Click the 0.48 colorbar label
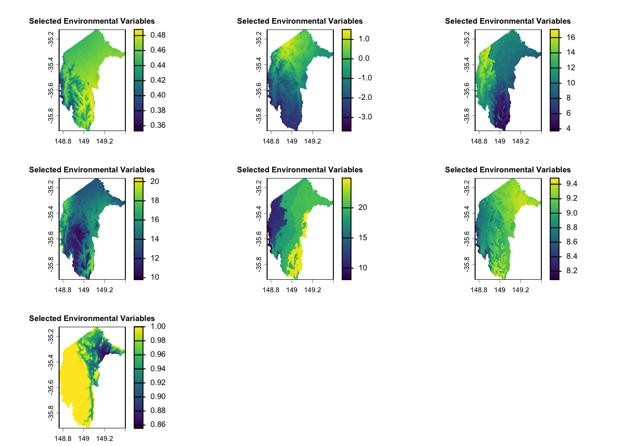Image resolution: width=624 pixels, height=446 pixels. pyautogui.click(x=158, y=35)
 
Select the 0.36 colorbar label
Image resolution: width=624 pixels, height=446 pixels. pyautogui.click(x=158, y=125)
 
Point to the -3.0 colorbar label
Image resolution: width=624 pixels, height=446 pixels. pyautogui.click(x=365, y=117)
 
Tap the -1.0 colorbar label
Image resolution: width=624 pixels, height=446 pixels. pyautogui.click(x=365, y=78)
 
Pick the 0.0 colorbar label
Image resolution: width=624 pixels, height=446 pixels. pyautogui.click(x=364, y=58)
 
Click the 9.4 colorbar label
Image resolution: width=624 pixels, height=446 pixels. pyautogui.click(x=572, y=184)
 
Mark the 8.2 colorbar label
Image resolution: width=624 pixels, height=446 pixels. pyautogui.click(x=572, y=270)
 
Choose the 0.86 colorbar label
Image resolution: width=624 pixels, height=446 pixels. pyautogui.click(x=158, y=424)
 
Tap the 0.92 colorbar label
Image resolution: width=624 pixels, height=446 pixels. pyautogui.click(x=158, y=382)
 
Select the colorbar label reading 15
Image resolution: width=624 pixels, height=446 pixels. pyautogui.click(x=363, y=237)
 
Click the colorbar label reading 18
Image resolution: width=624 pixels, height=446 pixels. pyautogui.click(x=155, y=200)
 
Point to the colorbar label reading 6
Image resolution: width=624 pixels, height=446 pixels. pyautogui.click(x=568, y=113)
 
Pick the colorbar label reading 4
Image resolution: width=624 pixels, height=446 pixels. pyautogui.click(x=568, y=128)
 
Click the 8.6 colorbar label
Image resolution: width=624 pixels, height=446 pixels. pyautogui.click(x=572, y=242)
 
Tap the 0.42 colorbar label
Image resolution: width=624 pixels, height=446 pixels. pyautogui.click(x=158, y=80)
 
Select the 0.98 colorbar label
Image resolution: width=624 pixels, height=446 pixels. pyautogui.click(x=158, y=340)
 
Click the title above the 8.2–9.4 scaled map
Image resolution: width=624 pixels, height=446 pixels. pyautogui.click(x=507, y=170)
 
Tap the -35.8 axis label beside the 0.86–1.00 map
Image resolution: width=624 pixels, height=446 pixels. pyautogui.click(x=51, y=412)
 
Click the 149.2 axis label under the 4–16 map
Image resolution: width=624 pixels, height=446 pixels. pyautogui.click(x=520, y=141)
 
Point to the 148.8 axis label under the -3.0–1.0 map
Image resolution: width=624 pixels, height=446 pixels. pyautogui.click(x=271, y=141)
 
